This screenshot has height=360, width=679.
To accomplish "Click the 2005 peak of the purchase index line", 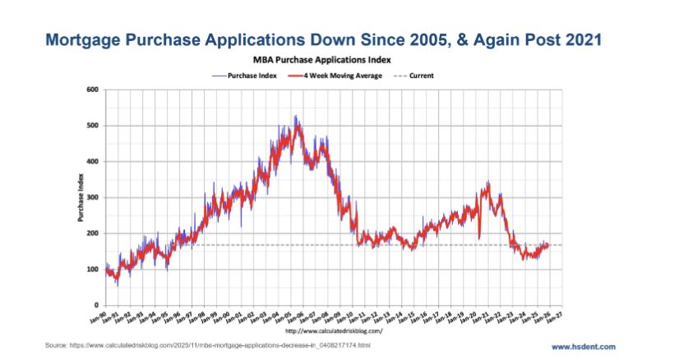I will (x=296, y=117).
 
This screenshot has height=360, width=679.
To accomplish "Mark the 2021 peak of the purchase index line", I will (x=488, y=182).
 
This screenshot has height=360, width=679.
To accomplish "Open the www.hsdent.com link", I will (x=588, y=346).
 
